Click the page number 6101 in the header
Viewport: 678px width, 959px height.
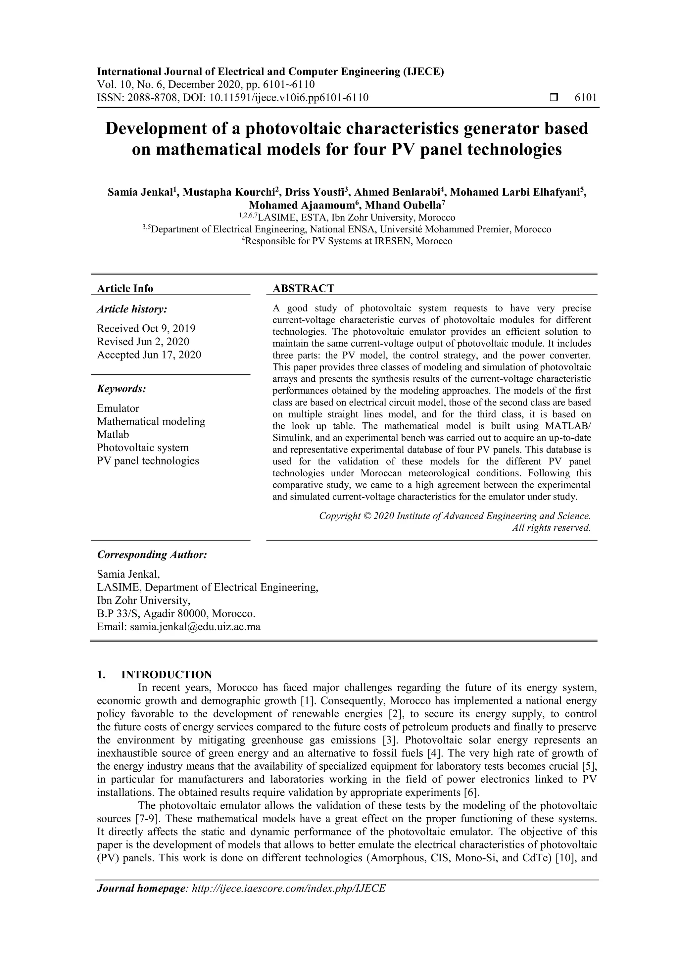coord(586,98)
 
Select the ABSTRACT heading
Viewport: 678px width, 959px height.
coord(303,288)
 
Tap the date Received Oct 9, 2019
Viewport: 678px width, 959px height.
coord(146,328)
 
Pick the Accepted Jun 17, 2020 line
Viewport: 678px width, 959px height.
coord(149,355)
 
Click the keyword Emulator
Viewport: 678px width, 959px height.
coord(118,408)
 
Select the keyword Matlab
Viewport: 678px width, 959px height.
coord(113,434)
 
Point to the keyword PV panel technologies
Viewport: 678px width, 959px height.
coord(148,461)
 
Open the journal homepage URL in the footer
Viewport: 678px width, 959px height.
coord(288,900)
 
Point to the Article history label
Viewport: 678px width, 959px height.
coord(132,309)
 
